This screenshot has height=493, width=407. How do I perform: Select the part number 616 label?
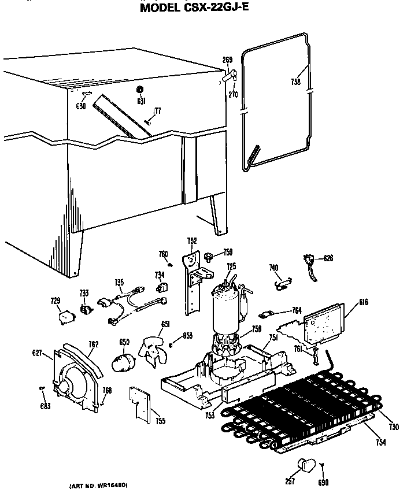click(x=362, y=302)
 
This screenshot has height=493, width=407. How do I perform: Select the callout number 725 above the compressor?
click(x=231, y=266)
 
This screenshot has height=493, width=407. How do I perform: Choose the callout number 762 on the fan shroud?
click(x=94, y=344)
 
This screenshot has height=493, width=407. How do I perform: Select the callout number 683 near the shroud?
click(x=46, y=406)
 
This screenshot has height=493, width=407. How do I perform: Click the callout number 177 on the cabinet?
click(x=157, y=111)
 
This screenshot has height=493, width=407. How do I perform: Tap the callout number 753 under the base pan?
click(x=209, y=416)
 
